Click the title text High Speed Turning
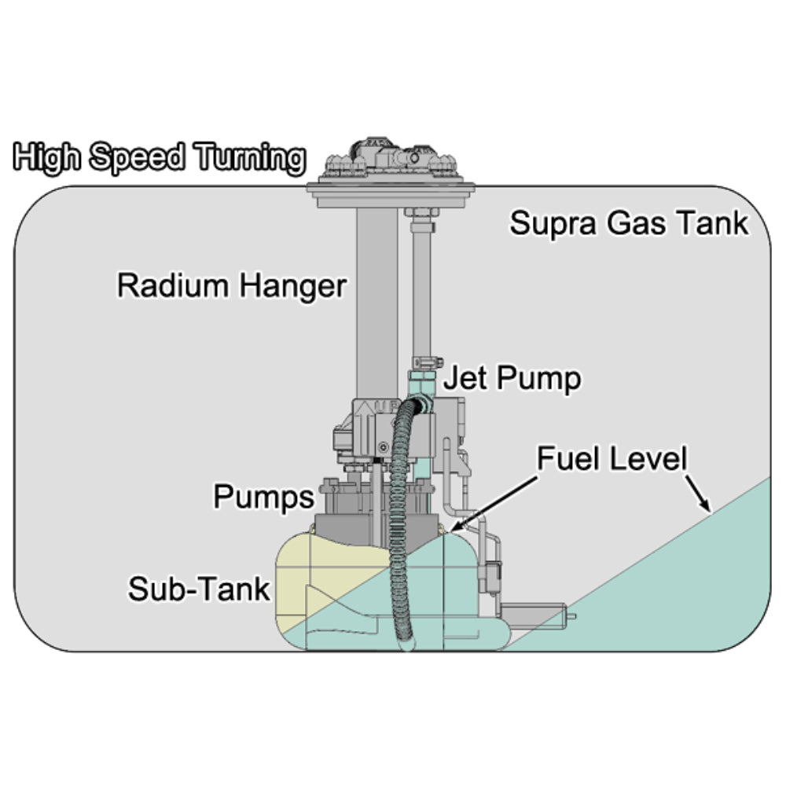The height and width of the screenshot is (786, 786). click(160, 158)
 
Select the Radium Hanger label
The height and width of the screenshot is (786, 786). click(231, 285)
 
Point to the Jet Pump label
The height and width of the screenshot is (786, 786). click(512, 379)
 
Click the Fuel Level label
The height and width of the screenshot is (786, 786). click(612, 459)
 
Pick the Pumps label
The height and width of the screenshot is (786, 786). click(263, 497)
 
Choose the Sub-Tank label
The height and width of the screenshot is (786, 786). click(199, 589)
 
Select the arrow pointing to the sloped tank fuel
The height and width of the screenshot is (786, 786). click(698, 491)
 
